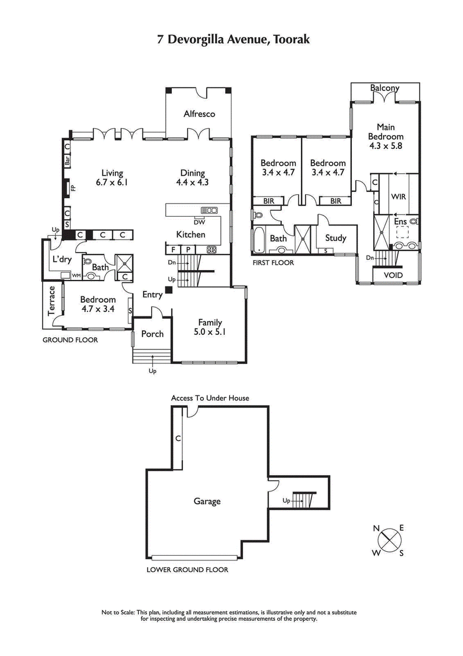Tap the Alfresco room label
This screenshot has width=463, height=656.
coord(199,114)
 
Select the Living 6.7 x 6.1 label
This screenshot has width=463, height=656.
coord(112,177)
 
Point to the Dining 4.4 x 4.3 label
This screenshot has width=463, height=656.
coord(192,177)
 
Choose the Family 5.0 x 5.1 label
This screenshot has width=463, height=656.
coord(210,327)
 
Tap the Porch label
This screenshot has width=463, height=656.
coord(152,334)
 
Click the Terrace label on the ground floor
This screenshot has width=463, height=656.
coord(52,301)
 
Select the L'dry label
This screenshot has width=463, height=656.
coord(61,259)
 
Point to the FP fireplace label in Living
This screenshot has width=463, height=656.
coord(73,188)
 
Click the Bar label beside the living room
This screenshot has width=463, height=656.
coord(67,161)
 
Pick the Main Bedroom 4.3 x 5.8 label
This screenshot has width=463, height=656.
coord(385,136)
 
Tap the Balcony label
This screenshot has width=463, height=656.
coord(385,88)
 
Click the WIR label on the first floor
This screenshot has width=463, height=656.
coord(399,197)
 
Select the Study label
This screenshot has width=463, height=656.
coord(336,238)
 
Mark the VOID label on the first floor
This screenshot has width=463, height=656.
coord(388,275)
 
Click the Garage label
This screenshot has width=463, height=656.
coord(207,501)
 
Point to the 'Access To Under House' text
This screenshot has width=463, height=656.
coord(210,398)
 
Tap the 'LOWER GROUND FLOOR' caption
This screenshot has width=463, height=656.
coord(188,570)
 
